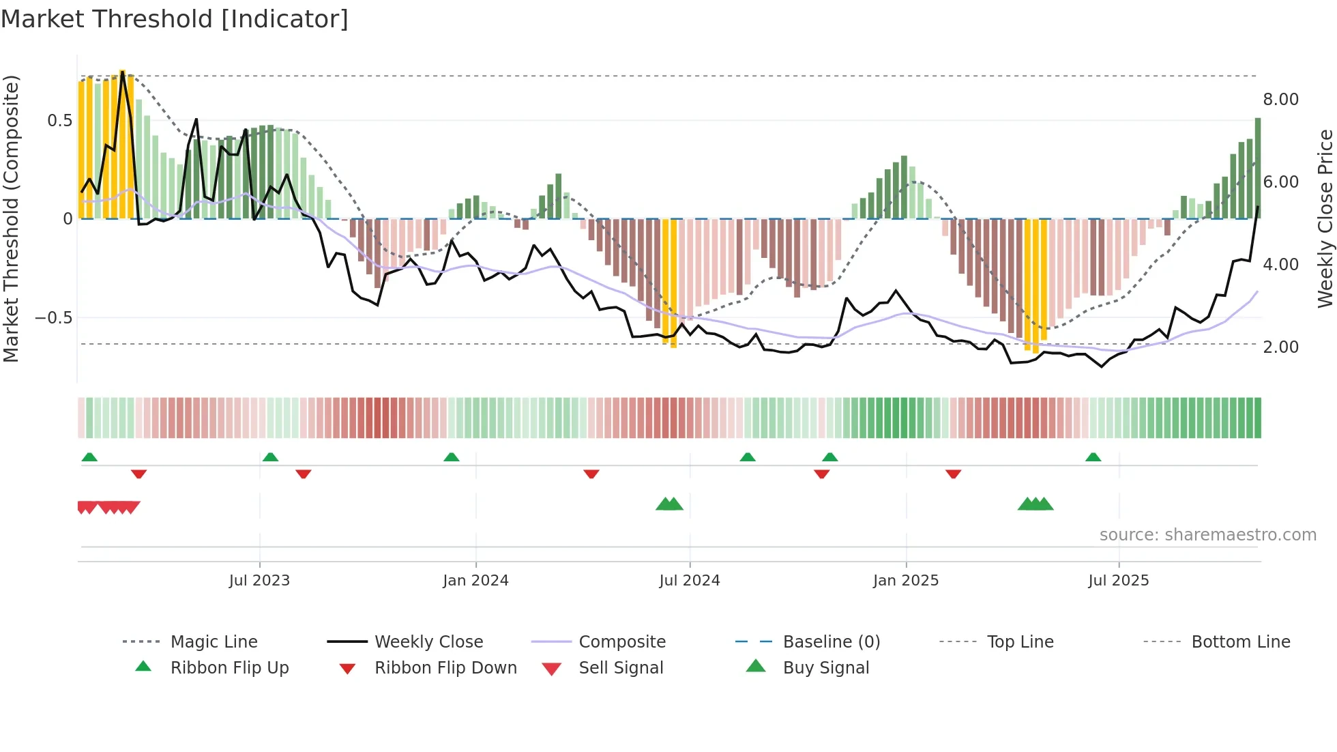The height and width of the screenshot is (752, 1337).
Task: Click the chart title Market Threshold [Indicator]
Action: click(x=175, y=19)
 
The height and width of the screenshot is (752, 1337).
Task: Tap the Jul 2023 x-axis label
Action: click(x=259, y=581)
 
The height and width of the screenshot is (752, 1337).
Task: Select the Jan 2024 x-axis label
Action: click(x=475, y=581)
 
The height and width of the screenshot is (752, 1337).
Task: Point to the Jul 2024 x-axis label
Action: click(x=689, y=581)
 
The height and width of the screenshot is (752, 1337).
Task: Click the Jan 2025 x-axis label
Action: click(x=905, y=581)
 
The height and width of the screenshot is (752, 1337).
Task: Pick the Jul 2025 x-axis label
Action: click(x=1118, y=581)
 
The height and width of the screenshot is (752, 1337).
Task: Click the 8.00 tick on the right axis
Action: click(x=1280, y=100)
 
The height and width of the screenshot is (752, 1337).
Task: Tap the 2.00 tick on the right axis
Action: click(x=1280, y=347)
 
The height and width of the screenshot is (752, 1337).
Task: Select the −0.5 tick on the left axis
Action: click(x=53, y=318)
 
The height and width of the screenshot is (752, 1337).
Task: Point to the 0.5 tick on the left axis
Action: click(x=59, y=121)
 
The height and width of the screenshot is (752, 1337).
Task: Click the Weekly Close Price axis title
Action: click(x=1325, y=218)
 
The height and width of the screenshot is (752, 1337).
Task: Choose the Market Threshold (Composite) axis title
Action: click(x=11, y=218)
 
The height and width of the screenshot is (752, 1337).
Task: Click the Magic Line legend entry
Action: click(x=214, y=642)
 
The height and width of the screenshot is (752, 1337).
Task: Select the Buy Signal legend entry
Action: click(x=825, y=668)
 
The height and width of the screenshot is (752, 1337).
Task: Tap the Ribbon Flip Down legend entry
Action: click(x=445, y=668)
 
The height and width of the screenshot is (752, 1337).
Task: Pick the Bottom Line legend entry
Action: click(x=1240, y=642)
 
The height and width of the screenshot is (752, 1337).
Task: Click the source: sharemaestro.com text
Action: click(x=1207, y=535)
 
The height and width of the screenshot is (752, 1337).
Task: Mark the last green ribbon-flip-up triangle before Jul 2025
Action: click(x=1093, y=457)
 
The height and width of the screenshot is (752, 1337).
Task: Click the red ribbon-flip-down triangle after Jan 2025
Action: click(x=953, y=474)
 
